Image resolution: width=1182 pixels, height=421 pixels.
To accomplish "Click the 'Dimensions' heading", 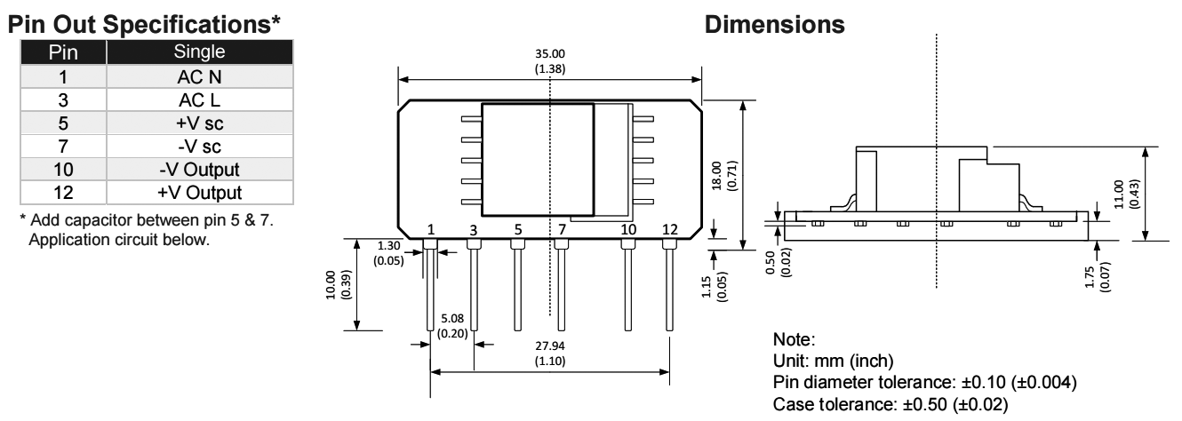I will (x=775, y=27).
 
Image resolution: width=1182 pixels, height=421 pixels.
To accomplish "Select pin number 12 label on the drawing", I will (x=670, y=229).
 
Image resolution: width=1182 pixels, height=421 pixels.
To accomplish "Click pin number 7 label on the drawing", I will (x=562, y=229).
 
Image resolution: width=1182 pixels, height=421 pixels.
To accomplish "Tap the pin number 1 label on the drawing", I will (x=430, y=229).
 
